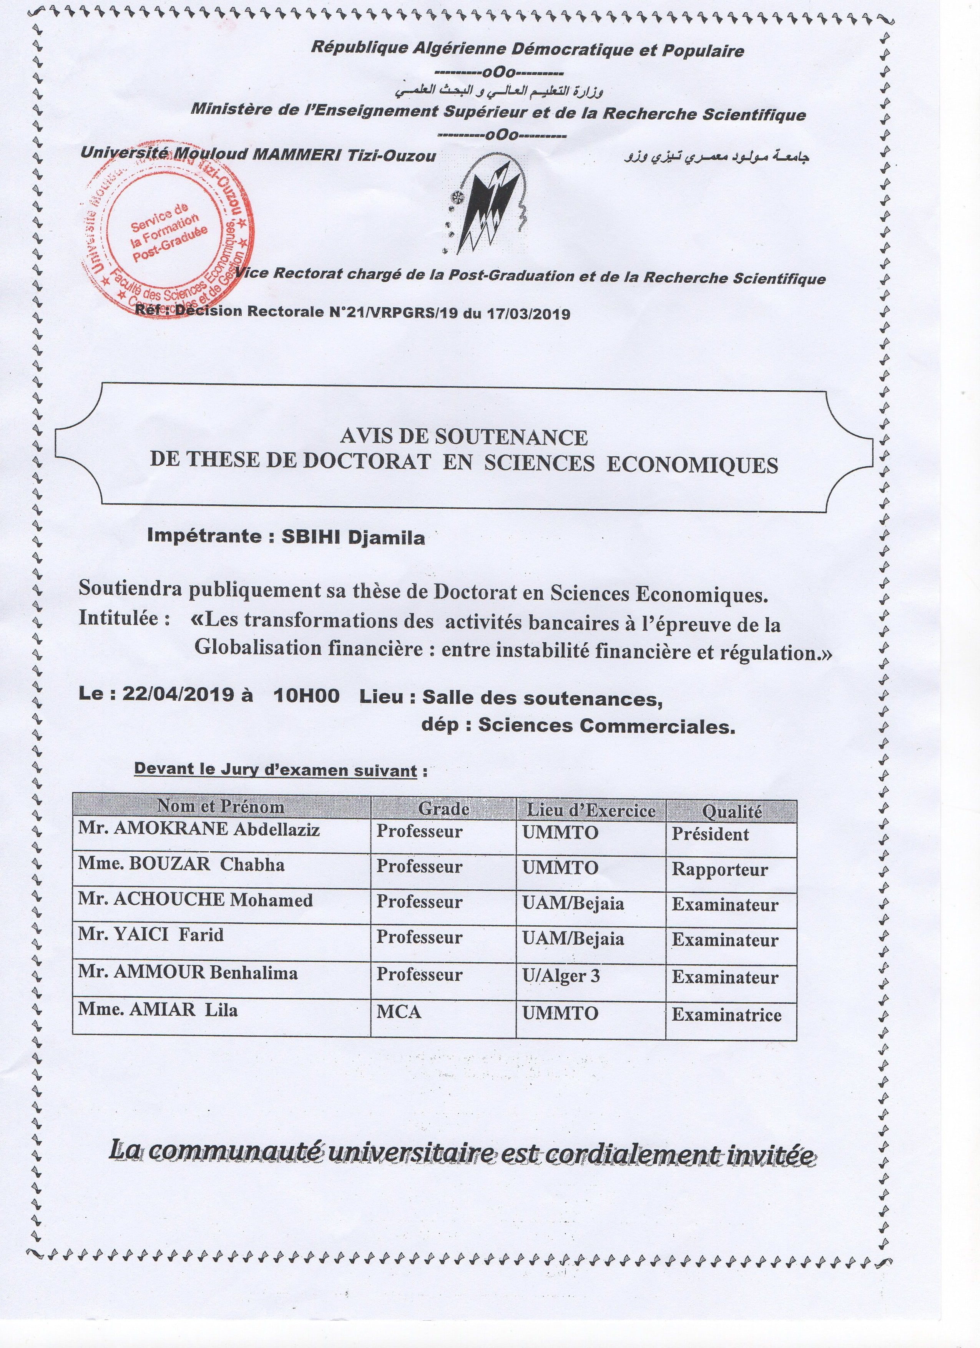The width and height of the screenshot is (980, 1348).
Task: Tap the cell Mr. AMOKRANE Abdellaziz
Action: click(x=199, y=830)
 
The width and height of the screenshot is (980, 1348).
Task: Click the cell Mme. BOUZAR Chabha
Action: click(x=181, y=864)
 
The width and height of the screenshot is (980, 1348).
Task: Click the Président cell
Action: click(x=710, y=834)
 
